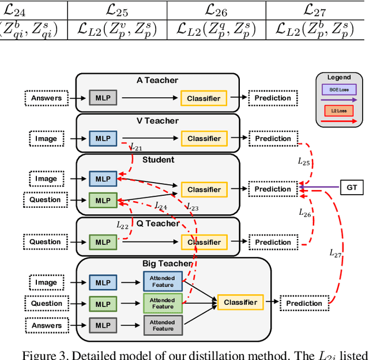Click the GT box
coord(351,187)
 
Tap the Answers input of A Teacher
coord(46,98)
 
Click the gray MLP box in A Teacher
coord(103,98)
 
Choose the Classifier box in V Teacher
coord(204,138)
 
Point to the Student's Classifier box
coord(204,190)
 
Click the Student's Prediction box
coord(273,189)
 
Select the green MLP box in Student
coord(103,200)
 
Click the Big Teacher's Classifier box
coord(240,302)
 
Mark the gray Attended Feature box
coord(163,325)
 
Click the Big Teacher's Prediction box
coord(304,303)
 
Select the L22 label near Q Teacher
coord(123,225)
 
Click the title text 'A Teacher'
coord(157,81)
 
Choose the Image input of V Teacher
coord(46,138)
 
